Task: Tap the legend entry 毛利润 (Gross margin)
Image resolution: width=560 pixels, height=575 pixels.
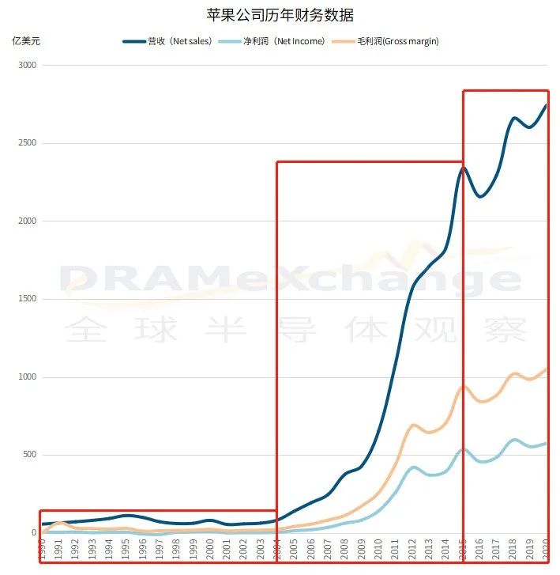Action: [388, 41]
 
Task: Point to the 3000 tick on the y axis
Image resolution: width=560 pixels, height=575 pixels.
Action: [28, 66]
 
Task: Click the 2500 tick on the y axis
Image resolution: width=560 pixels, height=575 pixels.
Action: [28, 143]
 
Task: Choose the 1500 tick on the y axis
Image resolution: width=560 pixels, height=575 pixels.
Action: [28, 299]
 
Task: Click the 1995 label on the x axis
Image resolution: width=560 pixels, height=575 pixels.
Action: [124, 547]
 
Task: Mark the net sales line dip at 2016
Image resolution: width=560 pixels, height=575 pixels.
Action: [480, 197]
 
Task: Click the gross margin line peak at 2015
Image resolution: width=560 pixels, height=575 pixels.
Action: [464, 387]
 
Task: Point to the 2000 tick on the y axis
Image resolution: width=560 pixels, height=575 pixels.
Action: [28, 221]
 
